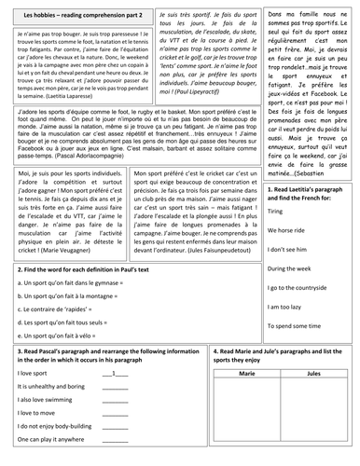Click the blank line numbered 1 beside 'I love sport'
[x=115, y=373]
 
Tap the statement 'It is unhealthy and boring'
[x=55, y=385]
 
